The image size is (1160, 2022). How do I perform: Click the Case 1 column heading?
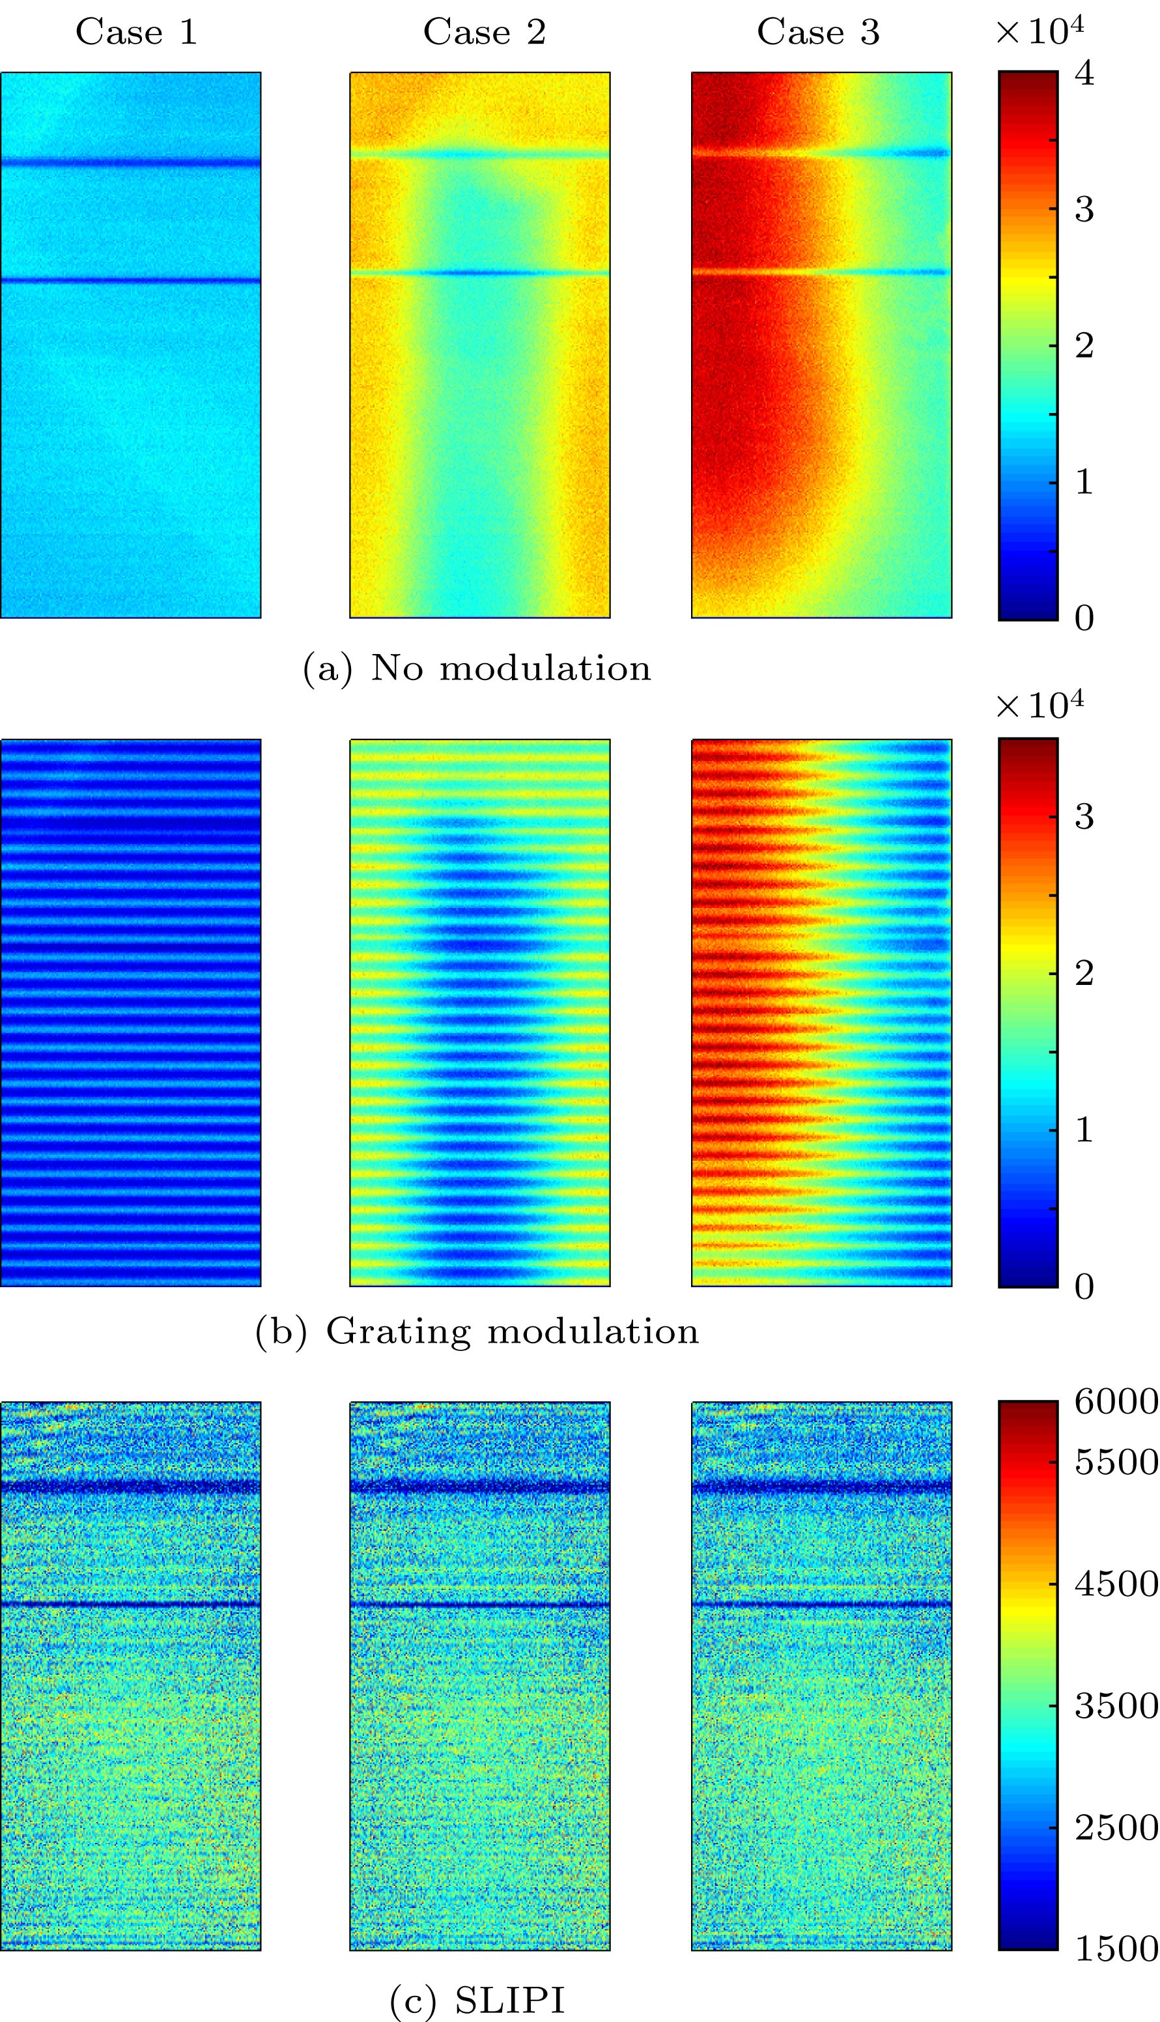coord(135,33)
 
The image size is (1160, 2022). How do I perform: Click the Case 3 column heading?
coord(817,33)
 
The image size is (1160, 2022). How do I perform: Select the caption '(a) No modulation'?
coord(476,668)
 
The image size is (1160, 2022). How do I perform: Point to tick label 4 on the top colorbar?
coord(1084,74)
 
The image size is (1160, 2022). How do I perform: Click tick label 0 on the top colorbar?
coord(1084,618)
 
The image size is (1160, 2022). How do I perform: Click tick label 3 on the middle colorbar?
coord(1084,817)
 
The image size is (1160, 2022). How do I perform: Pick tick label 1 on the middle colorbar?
coord(1084,1130)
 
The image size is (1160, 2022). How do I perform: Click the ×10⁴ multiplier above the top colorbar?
coord(1040,32)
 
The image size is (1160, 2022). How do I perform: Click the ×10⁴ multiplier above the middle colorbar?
coord(1040,705)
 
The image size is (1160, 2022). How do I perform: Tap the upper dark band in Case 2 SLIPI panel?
coord(479,1487)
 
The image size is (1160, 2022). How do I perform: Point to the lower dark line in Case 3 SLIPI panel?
coord(821,1604)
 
